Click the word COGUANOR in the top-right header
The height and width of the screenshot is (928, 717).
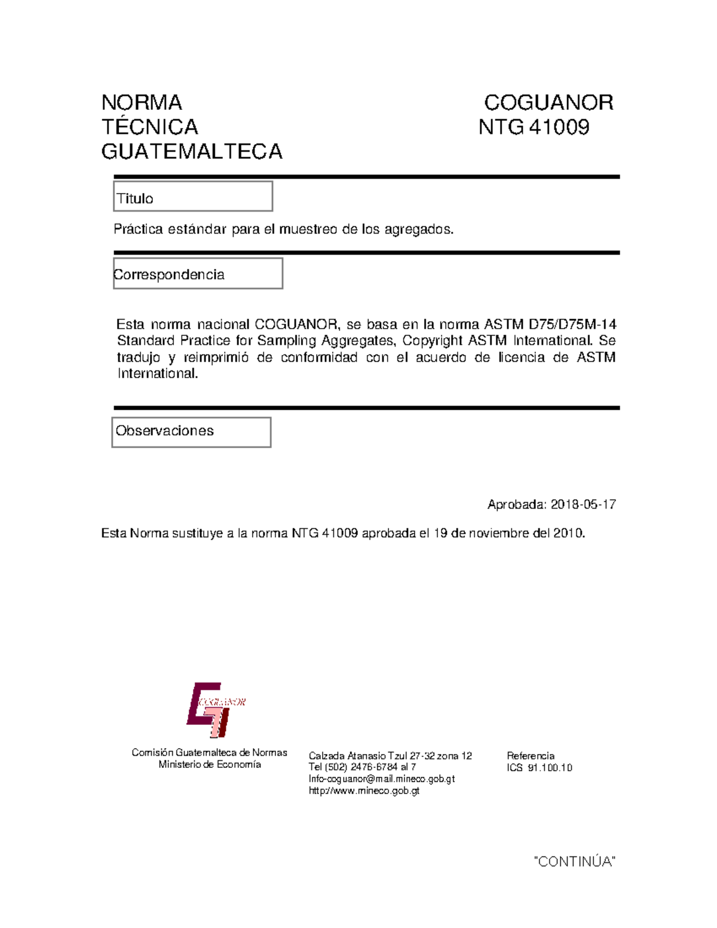click(548, 103)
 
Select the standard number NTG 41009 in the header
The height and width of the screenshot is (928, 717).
click(534, 127)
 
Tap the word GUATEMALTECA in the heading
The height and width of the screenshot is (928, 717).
click(192, 152)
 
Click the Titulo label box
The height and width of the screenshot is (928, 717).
click(193, 197)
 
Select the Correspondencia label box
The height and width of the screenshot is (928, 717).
click(198, 274)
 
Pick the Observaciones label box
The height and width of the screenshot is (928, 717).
click(191, 431)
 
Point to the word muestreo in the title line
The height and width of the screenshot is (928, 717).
click(308, 229)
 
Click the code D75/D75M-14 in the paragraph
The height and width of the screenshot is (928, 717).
click(572, 324)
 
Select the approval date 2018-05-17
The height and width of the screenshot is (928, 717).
click(583, 504)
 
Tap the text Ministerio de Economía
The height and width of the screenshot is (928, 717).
click(209, 765)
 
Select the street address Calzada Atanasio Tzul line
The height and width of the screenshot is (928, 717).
click(390, 756)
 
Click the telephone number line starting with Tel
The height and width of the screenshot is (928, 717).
click(362, 767)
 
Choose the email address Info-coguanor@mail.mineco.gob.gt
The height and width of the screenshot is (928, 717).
click(381, 779)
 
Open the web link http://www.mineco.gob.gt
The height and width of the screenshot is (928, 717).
click(364, 791)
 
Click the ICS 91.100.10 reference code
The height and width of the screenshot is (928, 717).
click(540, 768)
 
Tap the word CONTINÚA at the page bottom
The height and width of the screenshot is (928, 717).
click(574, 862)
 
